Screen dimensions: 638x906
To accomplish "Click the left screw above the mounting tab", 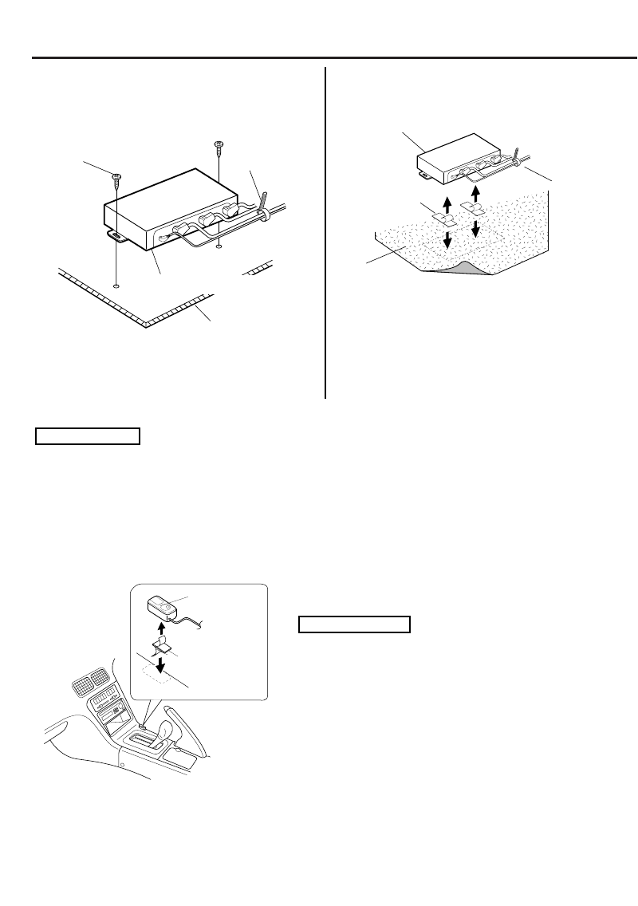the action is click(x=117, y=178).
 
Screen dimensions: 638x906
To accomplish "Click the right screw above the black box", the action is click(x=218, y=145).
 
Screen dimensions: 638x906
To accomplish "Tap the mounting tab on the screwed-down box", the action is click(x=116, y=236).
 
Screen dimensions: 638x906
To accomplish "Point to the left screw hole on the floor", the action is click(x=117, y=285).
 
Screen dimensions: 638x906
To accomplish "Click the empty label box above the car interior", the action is click(x=87, y=435).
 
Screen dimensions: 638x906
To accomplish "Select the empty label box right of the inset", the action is click(x=353, y=624).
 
